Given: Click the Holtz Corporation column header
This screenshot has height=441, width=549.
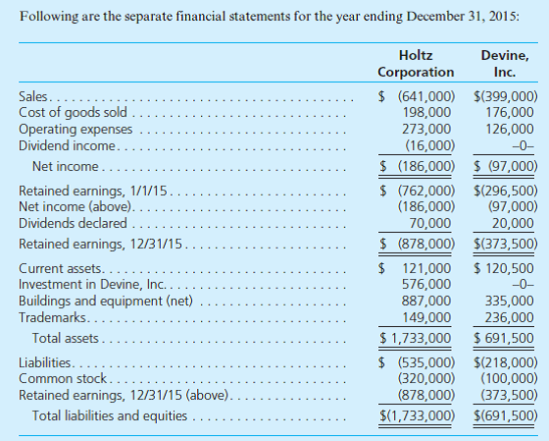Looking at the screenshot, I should coord(416,64).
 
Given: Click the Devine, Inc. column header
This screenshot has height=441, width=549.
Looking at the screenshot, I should coord(506,64).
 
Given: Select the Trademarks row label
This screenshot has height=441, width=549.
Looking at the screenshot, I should coord(52,317).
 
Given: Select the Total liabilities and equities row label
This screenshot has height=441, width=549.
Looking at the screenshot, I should coord(110,415).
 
